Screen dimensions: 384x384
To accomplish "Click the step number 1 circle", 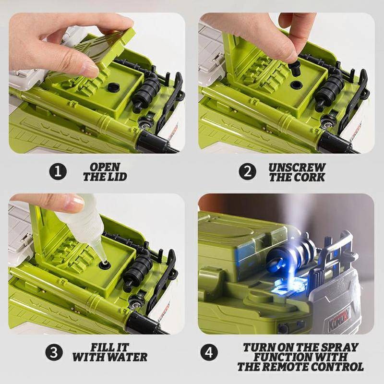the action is point(58,172).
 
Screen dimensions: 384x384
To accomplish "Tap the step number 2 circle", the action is point(248,171).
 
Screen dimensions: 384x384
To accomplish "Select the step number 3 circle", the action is point(54,352).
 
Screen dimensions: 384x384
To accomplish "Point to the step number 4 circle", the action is point(209,352).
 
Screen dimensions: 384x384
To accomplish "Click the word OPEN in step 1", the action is point(105,167).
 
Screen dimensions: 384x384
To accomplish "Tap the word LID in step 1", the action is point(118,177).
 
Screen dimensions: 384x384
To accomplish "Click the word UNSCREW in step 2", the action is point(297,168).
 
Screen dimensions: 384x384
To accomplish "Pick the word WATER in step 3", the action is point(128,357).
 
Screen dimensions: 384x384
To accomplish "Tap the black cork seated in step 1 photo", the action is point(113,87).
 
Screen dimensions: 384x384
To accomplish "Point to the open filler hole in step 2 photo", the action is point(296,85).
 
